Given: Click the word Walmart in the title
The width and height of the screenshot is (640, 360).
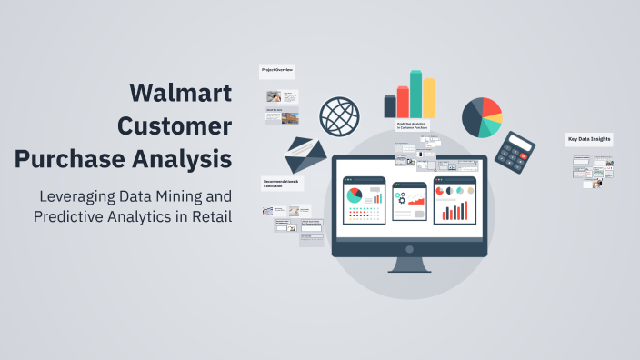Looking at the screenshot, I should (180, 93).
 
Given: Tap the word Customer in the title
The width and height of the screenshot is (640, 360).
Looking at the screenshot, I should (175, 125).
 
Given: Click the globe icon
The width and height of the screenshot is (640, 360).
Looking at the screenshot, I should (338, 116).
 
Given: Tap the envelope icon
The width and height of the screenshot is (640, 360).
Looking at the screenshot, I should (305, 155).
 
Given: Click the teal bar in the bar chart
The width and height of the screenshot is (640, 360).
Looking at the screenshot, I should (415, 94).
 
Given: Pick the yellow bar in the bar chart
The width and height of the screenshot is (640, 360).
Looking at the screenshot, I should (428, 97).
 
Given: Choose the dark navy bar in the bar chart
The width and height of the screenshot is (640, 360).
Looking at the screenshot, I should (390, 106).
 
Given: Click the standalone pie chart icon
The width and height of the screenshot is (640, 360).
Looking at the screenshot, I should (482, 117).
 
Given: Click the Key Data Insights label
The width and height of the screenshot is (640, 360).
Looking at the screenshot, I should (589, 139).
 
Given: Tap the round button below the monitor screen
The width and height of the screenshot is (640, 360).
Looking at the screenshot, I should (410, 248).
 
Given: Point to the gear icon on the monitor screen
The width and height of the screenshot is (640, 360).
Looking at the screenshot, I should (399, 196).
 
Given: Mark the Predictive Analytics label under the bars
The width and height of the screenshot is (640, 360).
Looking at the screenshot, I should (412, 126).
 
